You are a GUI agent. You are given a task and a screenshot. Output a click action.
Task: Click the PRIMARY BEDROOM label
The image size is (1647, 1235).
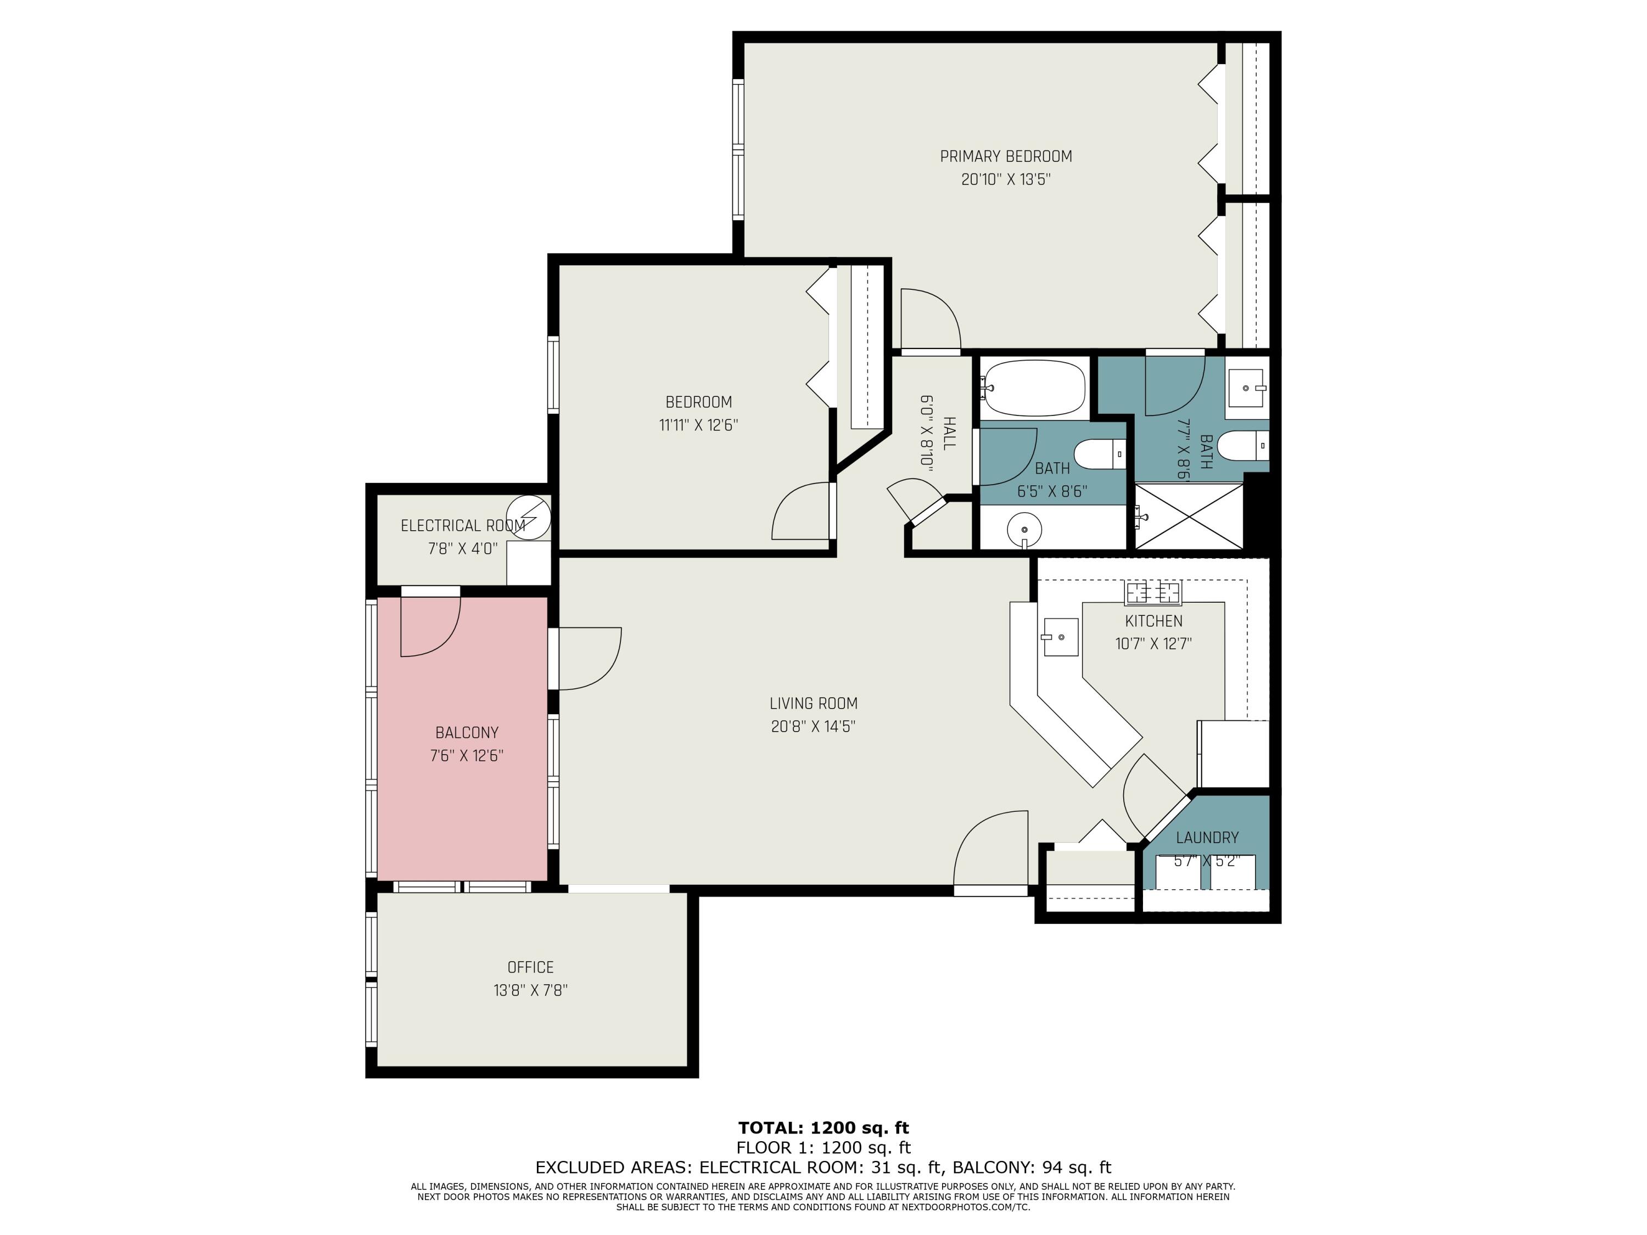[x=1005, y=156]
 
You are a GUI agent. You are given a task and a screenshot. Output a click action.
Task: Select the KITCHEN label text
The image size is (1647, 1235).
[x=1153, y=621]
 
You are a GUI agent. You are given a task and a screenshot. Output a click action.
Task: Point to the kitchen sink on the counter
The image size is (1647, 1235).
[x=1060, y=637]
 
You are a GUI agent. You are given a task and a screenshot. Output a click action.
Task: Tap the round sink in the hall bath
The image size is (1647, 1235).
[x=1024, y=529]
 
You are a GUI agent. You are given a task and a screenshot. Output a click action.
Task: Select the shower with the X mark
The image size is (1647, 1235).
[x=1189, y=516]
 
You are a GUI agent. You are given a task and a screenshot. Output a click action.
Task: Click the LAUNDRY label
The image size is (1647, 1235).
[x=1207, y=838]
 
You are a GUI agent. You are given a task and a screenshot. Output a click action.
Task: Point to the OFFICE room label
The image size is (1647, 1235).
[x=530, y=967]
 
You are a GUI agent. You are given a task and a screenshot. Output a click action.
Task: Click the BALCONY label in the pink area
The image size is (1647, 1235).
[x=467, y=733]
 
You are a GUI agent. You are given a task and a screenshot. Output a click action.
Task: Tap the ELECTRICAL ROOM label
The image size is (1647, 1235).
[x=462, y=526]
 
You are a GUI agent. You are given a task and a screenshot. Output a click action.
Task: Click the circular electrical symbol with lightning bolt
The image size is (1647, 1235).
[x=529, y=515]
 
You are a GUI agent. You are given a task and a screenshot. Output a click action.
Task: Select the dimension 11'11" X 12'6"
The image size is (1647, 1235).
[x=698, y=425]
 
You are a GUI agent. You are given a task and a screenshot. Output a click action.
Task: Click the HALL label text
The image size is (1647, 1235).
[x=949, y=433]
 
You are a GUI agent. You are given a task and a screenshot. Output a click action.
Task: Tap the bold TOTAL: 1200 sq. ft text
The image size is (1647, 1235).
[x=823, y=1128]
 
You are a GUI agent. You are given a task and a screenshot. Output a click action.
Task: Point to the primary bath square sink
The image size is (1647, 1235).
[x=1246, y=388]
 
